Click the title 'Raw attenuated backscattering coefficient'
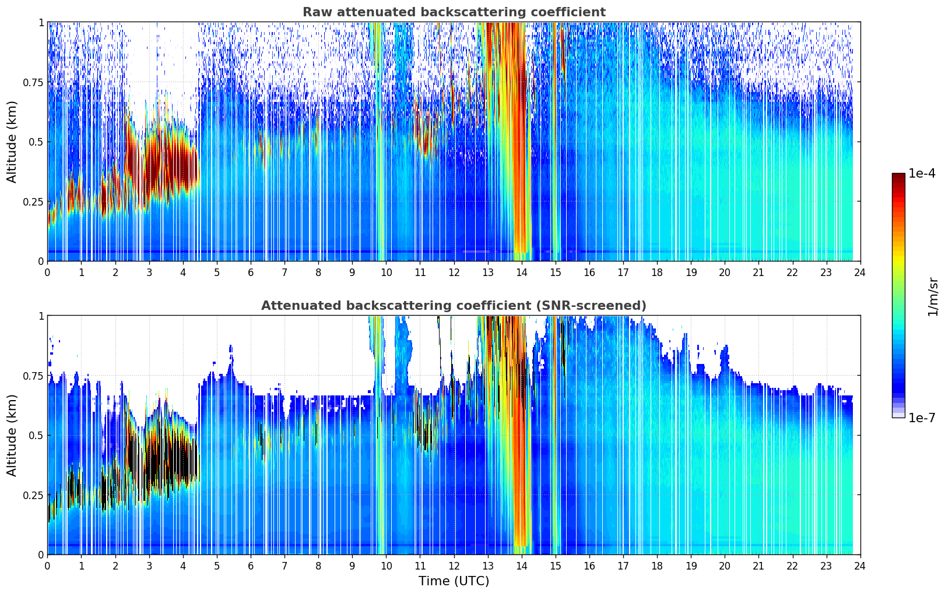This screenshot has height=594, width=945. (454, 12)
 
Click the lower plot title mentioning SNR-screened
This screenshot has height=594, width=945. (454, 306)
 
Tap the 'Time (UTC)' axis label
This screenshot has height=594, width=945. (454, 581)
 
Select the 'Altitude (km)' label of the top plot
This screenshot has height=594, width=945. (12, 142)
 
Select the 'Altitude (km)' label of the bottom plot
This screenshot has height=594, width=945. (12, 435)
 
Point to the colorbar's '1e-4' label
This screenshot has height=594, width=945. (922, 174)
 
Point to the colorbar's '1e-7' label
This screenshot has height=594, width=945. (922, 418)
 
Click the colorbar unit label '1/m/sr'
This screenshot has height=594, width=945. (933, 296)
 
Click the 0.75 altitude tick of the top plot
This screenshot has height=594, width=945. (33, 82)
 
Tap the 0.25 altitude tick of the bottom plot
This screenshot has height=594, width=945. (33, 495)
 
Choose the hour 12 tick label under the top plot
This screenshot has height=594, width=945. (454, 272)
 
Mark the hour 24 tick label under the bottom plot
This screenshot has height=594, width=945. (860, 565)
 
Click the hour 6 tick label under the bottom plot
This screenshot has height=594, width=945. (251, 565)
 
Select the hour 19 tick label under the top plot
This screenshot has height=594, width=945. (691, 272)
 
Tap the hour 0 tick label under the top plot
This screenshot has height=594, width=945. (48, 272)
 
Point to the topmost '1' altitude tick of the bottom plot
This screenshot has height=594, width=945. (41, 316)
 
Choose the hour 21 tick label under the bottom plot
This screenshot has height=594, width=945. (758, 565)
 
